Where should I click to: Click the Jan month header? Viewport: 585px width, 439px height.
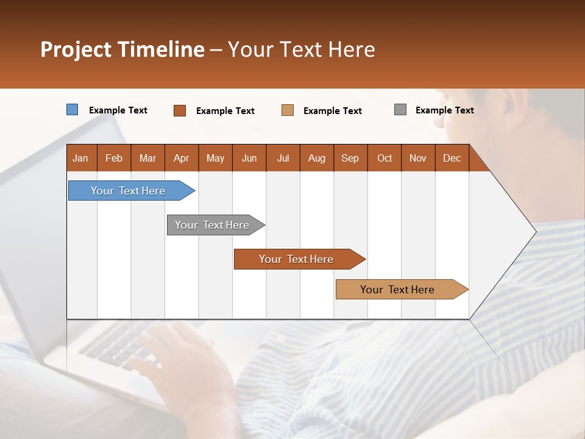point(81,158)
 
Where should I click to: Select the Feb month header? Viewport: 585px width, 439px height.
point(114,158)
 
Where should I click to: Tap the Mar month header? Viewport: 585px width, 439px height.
point(147,158)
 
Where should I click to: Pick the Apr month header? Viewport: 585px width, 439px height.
point(182,158)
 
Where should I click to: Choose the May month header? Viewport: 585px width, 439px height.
point(215,158)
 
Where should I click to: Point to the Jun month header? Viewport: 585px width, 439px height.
point(249,158)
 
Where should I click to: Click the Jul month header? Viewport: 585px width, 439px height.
point(283,158)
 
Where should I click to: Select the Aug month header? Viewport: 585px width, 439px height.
point(317,158)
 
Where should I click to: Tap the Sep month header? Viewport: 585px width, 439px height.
point(350,158)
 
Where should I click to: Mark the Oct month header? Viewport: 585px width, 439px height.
point(385,158)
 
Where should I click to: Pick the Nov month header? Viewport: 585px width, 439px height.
point(418,158)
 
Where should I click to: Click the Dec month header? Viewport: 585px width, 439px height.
point(452,158)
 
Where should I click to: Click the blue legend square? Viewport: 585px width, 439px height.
point(73,110)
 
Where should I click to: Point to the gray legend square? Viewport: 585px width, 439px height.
point(400,110)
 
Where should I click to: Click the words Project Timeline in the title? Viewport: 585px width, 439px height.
point(122,49)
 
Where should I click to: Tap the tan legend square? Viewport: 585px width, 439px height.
point(288,110)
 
